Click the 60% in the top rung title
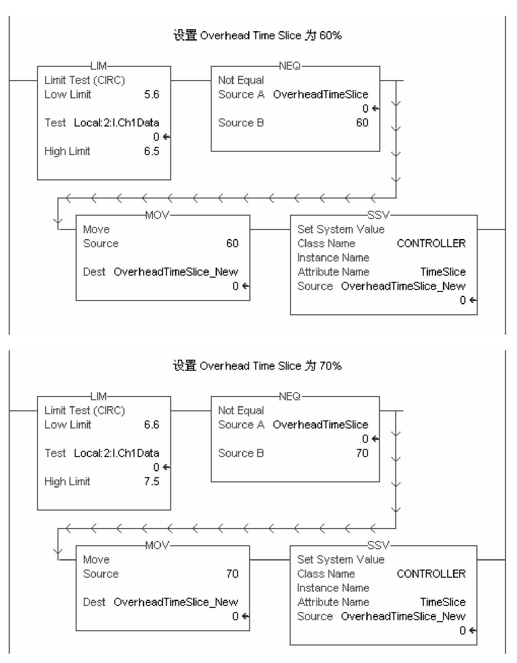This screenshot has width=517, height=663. point(330,35)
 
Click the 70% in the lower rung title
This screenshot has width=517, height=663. point(330,366)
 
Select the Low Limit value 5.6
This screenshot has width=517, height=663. point(152,94)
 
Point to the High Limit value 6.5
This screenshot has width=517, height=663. point(152,151)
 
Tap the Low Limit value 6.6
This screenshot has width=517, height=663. point(152,425)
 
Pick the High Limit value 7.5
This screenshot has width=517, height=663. point(152,481)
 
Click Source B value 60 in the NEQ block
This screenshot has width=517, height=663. point(362,123)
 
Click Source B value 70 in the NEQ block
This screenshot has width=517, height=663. point(362,453)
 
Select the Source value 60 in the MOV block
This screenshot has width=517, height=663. point(232,243)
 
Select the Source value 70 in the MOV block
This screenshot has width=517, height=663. point(232,573)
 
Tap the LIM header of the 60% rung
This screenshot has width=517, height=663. point(98,66)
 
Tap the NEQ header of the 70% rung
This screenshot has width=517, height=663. point(289,396)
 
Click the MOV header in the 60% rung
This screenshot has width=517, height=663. point(157,215)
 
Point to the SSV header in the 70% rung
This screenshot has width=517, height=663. point(378,545)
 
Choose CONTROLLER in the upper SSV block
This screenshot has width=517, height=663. point(431,243)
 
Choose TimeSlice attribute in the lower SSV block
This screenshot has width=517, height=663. point(443,602)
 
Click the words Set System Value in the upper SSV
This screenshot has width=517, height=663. point(341,229)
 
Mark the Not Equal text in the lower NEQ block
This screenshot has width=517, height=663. point(241,410)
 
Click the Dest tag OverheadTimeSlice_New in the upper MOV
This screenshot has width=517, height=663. point(176,272)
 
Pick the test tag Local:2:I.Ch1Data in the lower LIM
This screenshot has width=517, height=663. point(116,453)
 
